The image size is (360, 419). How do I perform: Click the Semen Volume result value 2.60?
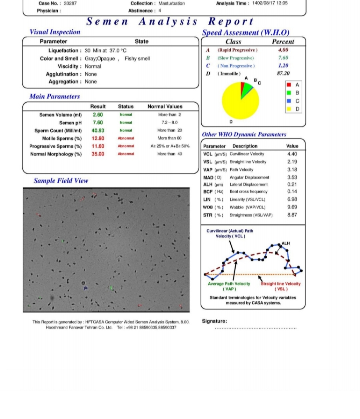(98, 115)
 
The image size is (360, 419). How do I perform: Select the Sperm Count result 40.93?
(98, 131)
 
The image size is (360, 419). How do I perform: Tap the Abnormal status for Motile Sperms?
(126, 138)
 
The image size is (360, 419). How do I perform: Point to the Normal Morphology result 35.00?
(98, 154)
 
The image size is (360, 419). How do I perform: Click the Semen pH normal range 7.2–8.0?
(169, 123)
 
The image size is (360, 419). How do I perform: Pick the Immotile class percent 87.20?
(283, 73)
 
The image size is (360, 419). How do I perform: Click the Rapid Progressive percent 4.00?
(283, 50)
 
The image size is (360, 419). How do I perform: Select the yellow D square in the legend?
(289, 109)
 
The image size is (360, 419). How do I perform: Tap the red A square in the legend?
(289, 85)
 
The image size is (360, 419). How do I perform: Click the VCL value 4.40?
(292, 154)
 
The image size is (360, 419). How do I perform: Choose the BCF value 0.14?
(292, 192)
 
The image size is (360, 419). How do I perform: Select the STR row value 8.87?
(292, 215)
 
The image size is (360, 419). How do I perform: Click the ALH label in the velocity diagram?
(286, 243)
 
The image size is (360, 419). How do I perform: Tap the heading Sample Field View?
(61, 181)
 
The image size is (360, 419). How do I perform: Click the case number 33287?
(70, 3)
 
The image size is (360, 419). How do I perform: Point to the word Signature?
(214, 321)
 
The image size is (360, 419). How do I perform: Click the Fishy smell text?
(137, 59)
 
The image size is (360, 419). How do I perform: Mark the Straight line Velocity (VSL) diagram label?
(281, 286)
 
